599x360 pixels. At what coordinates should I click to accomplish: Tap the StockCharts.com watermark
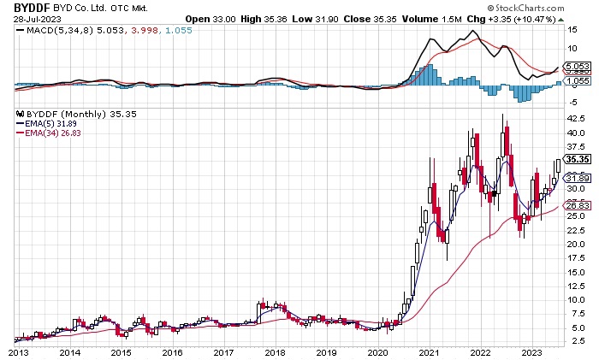coord(544,7)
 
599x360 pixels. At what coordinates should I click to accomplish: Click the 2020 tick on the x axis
coord(377,351)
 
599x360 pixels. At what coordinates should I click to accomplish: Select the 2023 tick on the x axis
coord(531,351)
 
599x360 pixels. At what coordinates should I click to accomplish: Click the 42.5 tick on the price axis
coord(579,119)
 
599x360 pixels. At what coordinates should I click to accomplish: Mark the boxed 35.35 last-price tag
coord(579,159)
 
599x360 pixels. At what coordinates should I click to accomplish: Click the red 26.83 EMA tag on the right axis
coord(579,205)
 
